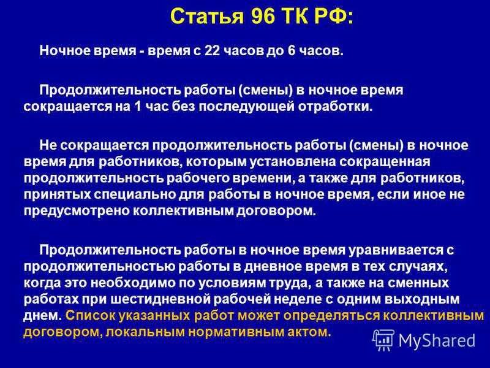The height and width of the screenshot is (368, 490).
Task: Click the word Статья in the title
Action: point(207,17)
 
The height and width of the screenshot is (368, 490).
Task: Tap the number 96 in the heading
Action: point(263,17)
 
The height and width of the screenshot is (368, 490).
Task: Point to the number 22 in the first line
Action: point(212,51)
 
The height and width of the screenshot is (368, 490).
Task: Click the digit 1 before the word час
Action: point(137,107)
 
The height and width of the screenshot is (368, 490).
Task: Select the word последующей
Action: point(247,107)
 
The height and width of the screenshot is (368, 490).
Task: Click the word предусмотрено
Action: point(77,211)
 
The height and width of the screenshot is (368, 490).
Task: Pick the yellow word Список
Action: point(90,315)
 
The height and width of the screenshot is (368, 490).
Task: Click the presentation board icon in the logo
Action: point(383,340)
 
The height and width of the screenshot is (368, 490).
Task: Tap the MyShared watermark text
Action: point(437,341)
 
